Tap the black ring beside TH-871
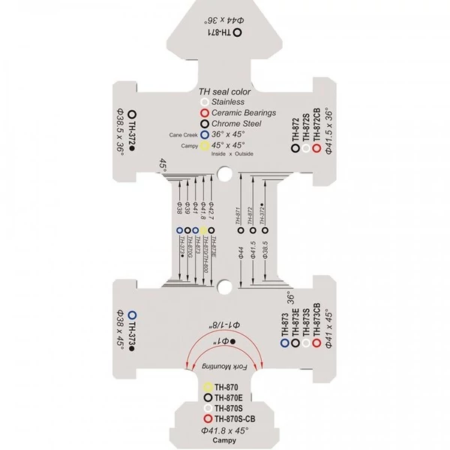237,32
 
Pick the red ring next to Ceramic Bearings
204,113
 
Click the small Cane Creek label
184,136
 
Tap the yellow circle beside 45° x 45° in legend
204,148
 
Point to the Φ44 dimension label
241,253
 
